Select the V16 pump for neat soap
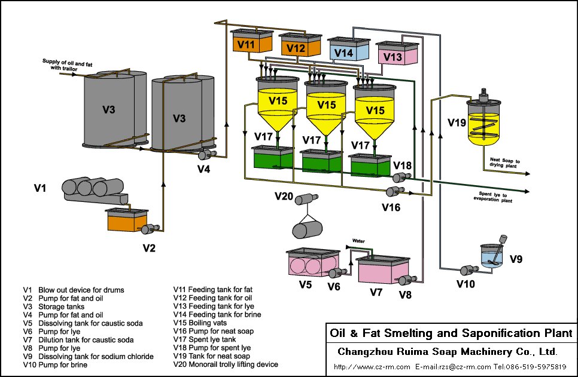[393, 191]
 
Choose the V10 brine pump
[467, 270]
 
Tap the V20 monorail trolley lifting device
[307, 215]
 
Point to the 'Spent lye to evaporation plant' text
[496, 197]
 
